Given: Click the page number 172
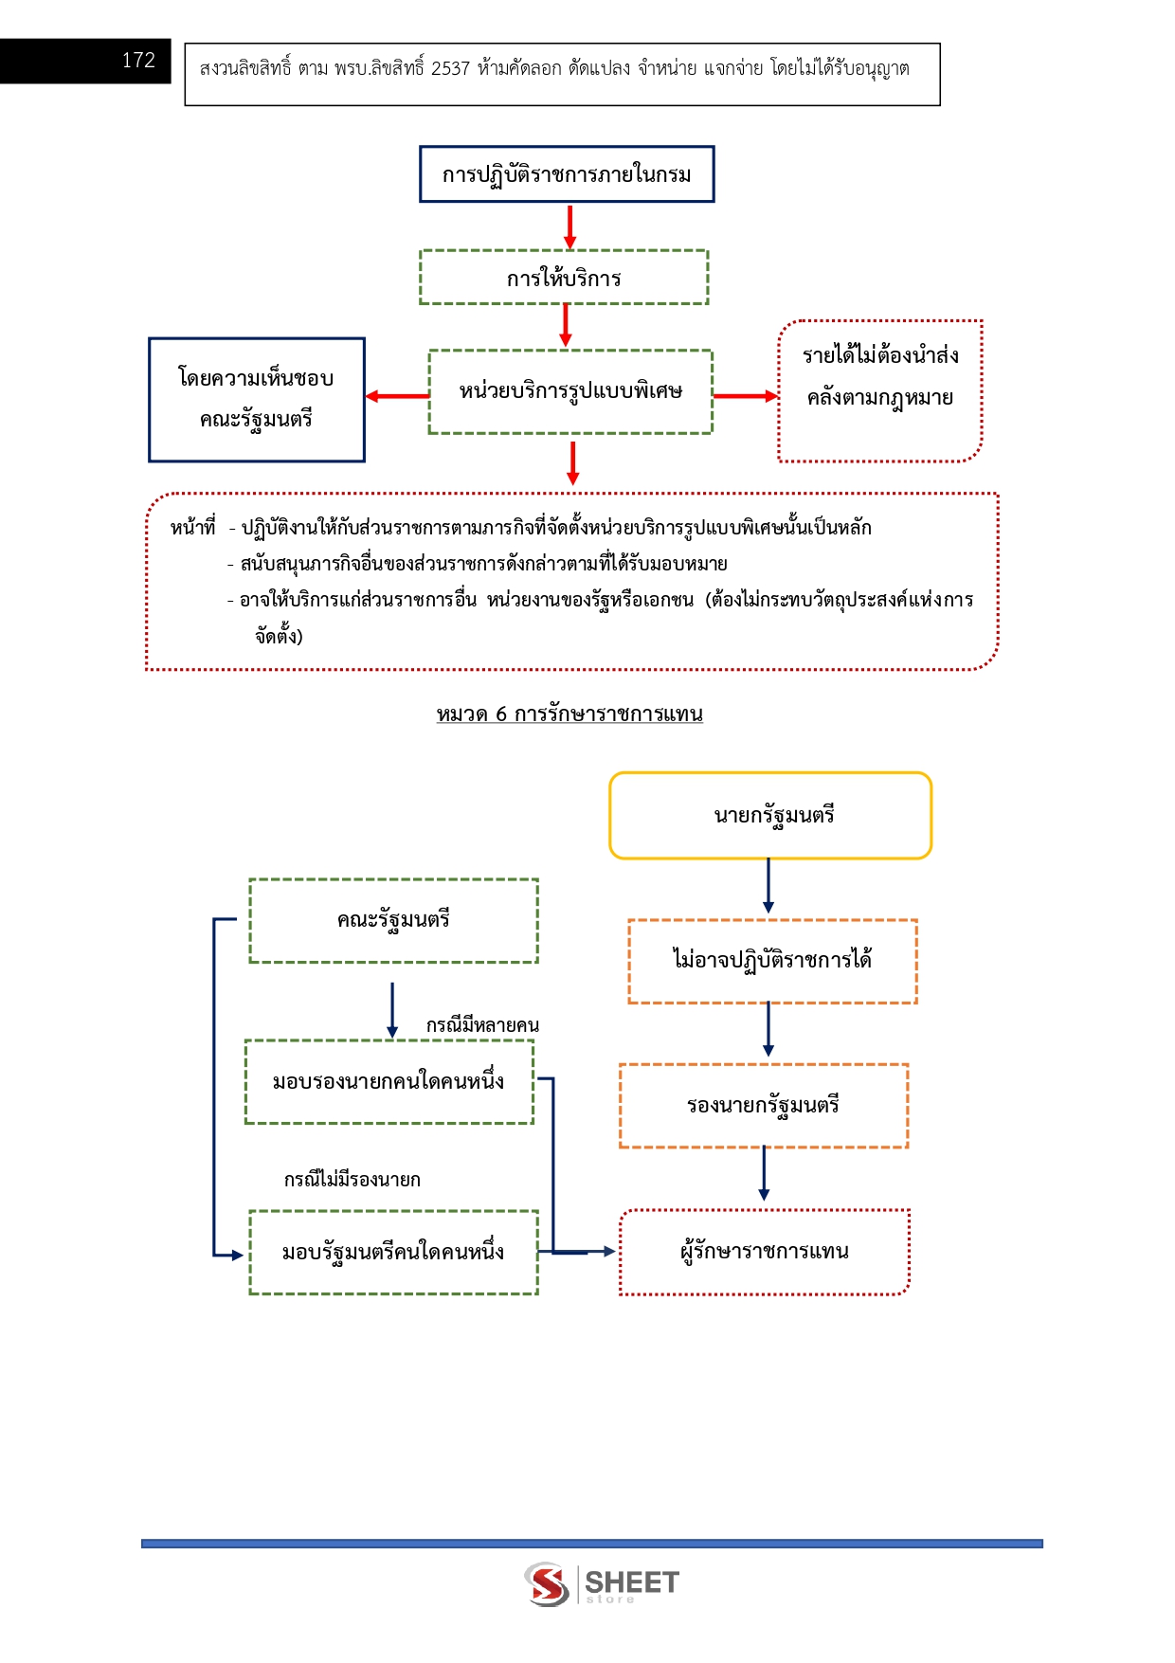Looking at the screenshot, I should tap(138, 61).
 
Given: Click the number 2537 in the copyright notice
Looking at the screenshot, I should tap(450, 69).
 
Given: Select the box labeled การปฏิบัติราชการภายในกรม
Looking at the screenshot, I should tap(567, 174).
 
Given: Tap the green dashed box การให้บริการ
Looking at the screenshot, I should tap(564, 278).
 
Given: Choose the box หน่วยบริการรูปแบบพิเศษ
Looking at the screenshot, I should tap(570, 391).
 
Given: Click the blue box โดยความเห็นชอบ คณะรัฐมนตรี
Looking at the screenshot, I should tap(256, 399).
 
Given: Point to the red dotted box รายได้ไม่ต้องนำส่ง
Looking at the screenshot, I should tap(880, 390).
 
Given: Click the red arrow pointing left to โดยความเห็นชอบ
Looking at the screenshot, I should tap(397, 396).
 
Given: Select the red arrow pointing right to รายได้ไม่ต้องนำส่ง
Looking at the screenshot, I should tap(745, 396).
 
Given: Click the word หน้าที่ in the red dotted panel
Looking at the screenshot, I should tap(193, 528).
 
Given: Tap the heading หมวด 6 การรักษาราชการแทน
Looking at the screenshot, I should tap(569, 714).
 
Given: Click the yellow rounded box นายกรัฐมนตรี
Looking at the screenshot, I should tap(770, 816).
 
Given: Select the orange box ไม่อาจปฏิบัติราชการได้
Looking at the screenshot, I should tap(772, 961).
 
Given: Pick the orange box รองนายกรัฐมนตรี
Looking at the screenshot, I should tap(764, 1106).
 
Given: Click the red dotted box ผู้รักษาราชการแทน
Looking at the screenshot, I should tap(764, 1252).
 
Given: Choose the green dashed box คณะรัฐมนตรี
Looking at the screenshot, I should tap(393, 920).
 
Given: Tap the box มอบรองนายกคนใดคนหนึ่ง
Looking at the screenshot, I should tap(389, 1082).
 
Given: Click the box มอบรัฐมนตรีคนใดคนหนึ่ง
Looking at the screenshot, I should tap(393, 1252).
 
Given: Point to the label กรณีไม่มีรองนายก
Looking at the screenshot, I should tap(352, 1180).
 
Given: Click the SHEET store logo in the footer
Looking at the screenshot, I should tap(603, 1584).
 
